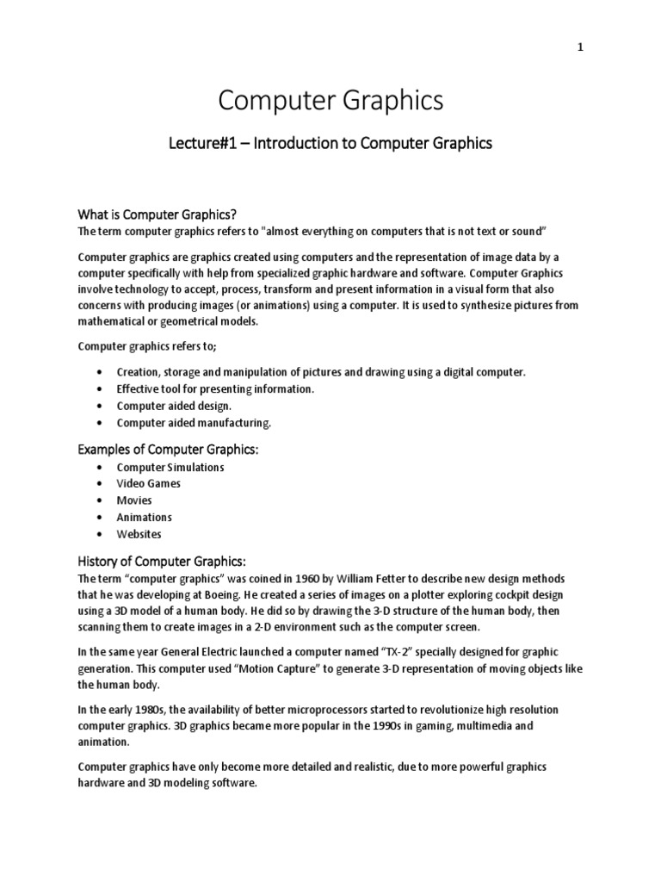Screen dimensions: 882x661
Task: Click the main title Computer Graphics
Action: [x=330, y=101]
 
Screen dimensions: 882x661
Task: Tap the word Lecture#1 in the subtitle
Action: [x=200, y=144]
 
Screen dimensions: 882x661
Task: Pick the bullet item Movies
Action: [x=134, y=500]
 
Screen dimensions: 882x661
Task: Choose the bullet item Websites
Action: [x=139, y=534]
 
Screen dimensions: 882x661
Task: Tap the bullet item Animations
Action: [x=145, y=517]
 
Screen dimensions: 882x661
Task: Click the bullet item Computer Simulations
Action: [x=170, y=467]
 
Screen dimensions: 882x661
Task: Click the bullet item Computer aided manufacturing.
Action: [x=194, y=423]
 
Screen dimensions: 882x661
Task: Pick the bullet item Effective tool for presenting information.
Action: [x=215, y=388]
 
